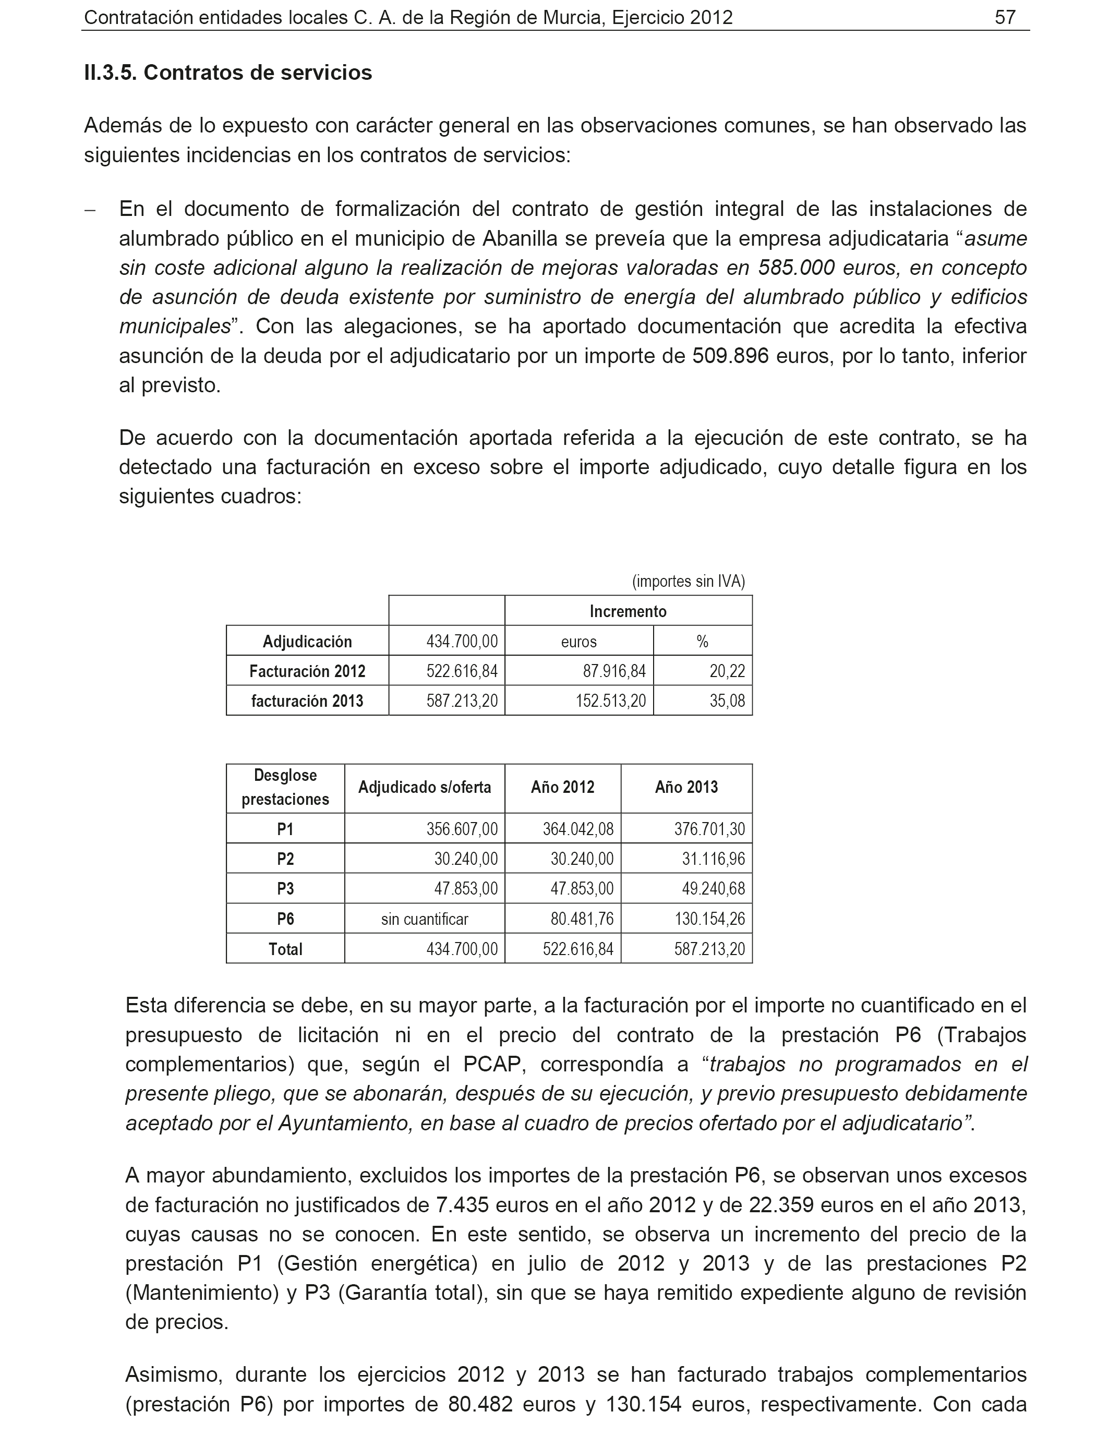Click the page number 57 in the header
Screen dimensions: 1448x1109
click(x=1005, y=17)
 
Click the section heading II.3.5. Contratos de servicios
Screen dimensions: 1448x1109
click(x=228, y=73)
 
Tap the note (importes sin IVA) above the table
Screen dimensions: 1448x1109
click(x=688, y=582)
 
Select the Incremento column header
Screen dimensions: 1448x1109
click(x=628, y=611)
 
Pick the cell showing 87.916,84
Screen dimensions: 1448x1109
click(x=614, y=671)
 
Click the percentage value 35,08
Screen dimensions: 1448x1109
click(x=727, y=701)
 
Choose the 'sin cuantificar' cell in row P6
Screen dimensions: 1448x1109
click(x=425, y=919)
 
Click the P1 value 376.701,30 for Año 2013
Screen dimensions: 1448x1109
click(x=709, y=829)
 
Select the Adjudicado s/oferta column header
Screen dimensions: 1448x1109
click(x=425, y=787)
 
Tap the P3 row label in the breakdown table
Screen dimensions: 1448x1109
click(x=285, y=889)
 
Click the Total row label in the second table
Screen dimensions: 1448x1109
click(x=285, y=949)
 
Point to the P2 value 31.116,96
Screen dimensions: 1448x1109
click(x=713, y=859)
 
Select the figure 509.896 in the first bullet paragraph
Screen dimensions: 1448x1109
click(x=730, y=356)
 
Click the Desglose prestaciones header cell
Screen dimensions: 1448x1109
click(x=285, y=787)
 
